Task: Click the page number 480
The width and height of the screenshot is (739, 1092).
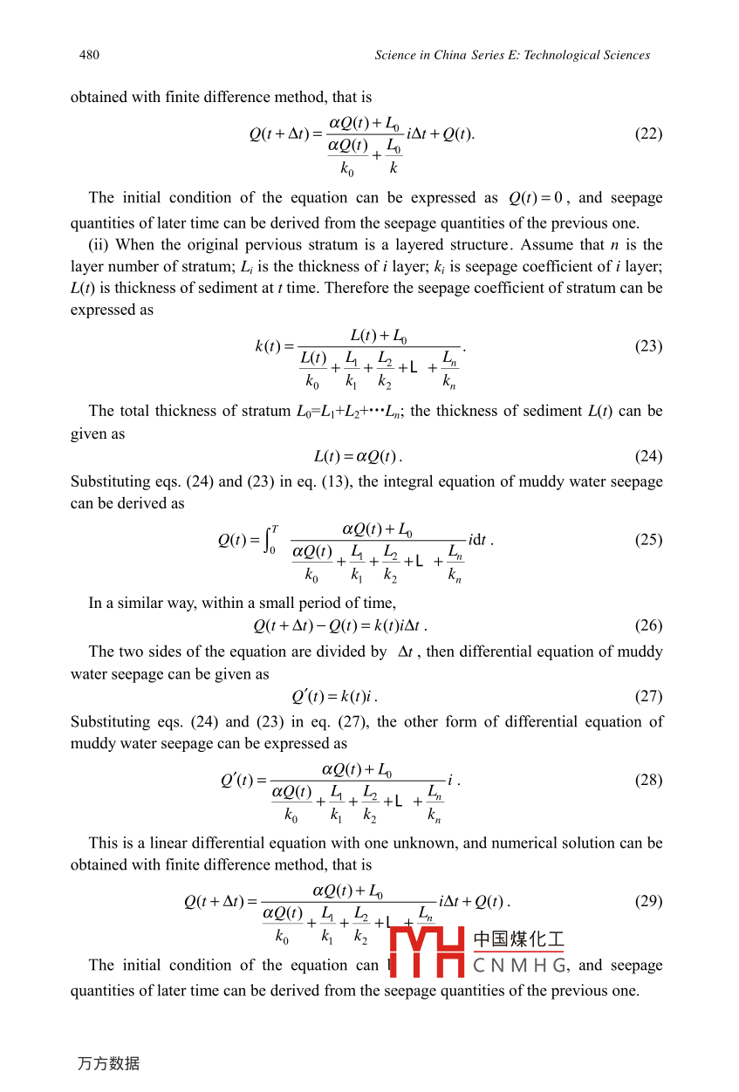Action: [89, 55]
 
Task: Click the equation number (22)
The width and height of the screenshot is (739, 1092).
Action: [648, 133]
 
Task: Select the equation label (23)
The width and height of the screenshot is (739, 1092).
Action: [648, 346]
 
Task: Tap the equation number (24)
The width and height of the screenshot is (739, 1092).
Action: [648, 456]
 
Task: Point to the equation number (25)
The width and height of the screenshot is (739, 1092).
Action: [648, 540]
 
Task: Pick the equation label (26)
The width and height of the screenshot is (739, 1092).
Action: [648, 625]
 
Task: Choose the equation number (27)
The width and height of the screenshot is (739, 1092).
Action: [648, 696]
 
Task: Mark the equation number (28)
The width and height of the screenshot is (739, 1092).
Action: [648, 780]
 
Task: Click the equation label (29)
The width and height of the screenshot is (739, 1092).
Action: [648, 901]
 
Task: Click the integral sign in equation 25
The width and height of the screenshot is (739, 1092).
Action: [270, 540]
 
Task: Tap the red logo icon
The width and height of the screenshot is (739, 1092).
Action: [426, 952]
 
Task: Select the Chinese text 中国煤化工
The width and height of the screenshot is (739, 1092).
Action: [518, 940]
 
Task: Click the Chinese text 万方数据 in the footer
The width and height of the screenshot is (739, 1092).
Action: [108, 1063]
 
